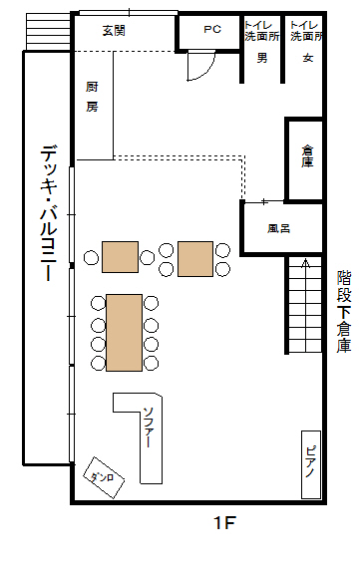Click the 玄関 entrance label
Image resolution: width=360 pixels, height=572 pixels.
point(114,31)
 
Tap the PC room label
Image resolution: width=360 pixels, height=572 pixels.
point(212,29)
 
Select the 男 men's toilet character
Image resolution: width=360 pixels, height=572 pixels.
point(262,58)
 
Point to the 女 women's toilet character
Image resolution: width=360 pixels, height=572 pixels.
point(308,58)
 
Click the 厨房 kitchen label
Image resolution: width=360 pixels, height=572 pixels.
point(92,97)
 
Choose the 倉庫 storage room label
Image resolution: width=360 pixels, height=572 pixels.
point(307,156)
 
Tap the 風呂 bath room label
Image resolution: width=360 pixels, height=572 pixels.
point(278,229)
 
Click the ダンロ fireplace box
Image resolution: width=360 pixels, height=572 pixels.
point(104,477)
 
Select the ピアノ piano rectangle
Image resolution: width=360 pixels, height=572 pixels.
point(311,464)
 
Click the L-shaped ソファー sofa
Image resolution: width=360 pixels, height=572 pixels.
point(152,438)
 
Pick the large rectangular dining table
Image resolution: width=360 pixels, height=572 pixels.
point(124,333)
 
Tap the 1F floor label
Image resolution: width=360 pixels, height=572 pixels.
point(224,523)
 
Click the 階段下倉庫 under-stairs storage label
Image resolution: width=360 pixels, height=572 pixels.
point(344,311)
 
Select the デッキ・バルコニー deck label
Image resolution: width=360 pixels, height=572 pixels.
point(49,213)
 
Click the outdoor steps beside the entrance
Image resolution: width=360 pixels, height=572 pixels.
point(48,31)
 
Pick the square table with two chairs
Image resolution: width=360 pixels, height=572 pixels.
point(120,257)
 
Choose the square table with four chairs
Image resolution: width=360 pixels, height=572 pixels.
point(195,259)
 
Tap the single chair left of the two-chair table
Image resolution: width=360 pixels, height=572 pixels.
point(91,257)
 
